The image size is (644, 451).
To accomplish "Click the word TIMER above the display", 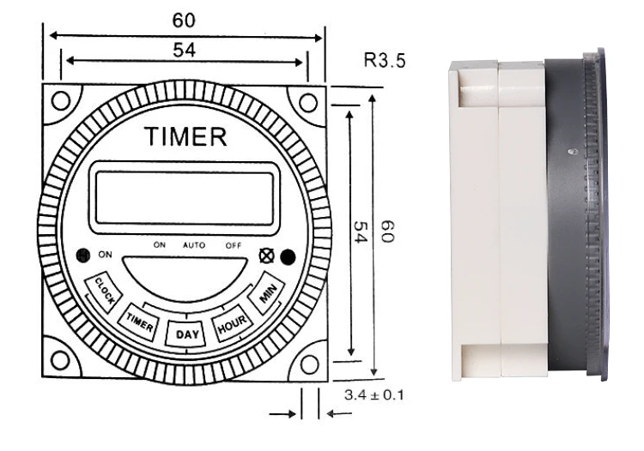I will pyautogui.click(x=185, y=137).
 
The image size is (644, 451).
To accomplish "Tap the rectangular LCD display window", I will pyautogui.click(x=185, y=196).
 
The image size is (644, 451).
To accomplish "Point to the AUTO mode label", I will pyautogui.click(x=194, y=245).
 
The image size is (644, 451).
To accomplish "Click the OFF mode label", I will pyautogui.click(x=234, y=245).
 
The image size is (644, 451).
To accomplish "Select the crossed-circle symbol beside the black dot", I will pyautogui.click(x=266, y=255).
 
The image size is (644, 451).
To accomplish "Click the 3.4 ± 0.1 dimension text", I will pyautogui.click(x=374, y=395).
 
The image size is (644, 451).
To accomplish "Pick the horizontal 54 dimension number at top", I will pyautogui.click(x=184, y=51).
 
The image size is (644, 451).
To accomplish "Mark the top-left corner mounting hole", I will pyautogui.click(x=61, y=100).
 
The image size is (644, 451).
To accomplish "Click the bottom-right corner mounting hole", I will pyautogui.click(x=307, y=362).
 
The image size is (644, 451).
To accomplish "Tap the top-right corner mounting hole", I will pyautogui.click(x=307, y=100).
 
